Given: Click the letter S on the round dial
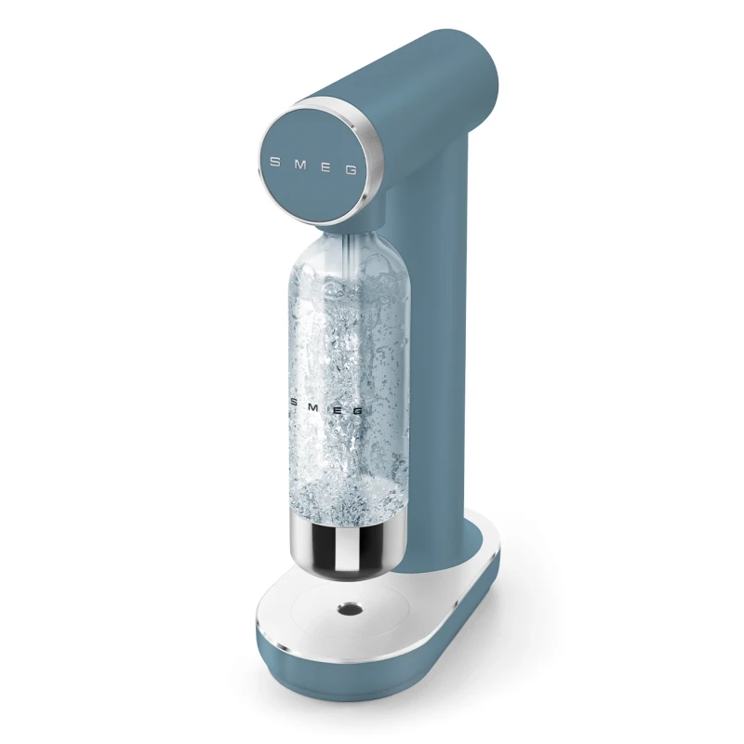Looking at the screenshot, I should click(x=274, y=161).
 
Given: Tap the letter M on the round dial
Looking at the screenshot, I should click(x=299, y=164).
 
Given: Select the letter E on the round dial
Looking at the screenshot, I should click(x=325, y=166).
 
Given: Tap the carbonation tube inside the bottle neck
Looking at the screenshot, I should click(x=352, y=256).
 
